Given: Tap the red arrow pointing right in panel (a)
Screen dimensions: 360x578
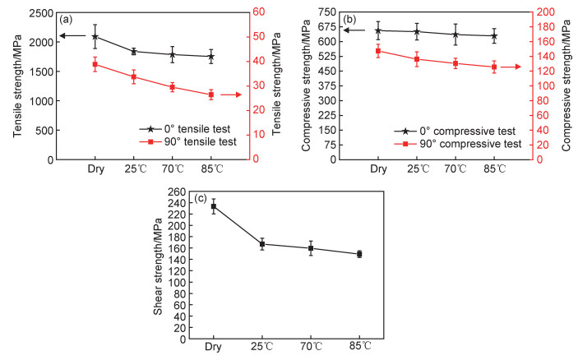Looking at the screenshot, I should pyautogui.click(x=231, y=95).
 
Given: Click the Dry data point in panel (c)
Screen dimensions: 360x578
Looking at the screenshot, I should pyautogui.click(x=214, y=206).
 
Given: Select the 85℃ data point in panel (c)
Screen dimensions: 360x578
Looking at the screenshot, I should pyautogui.click(x=359, y=254).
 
